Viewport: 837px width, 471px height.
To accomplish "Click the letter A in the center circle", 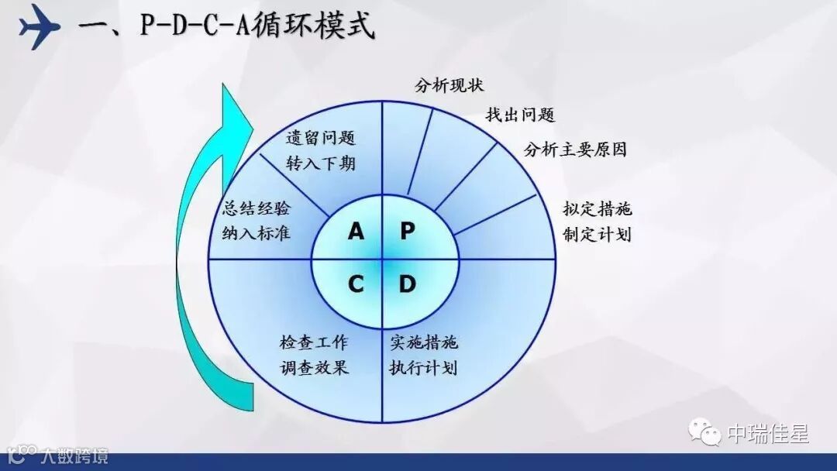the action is [x=356, y=231].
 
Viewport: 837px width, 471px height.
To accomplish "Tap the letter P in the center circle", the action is [x=408, y=231].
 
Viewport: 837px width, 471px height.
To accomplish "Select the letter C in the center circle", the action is [x=356, y=284].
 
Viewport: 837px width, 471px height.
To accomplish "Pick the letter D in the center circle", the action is [x=408, y=284].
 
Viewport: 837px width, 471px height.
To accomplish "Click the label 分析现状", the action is [x=449, y=85].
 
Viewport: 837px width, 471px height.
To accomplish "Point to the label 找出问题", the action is [x=520, y=115].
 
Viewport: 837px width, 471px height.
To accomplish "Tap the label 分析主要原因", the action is [x=575, y=150].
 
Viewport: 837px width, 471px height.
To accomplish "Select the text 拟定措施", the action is [x=598, y=209].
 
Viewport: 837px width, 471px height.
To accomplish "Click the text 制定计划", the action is [x=598, y=234].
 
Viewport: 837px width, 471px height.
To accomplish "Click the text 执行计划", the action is [x=423, y=366].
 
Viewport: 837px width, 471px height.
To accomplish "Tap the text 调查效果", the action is [x=314, y=366].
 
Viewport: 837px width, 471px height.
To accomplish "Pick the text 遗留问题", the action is [x=320, y=139].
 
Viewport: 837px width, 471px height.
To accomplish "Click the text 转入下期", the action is [x=320, y=163].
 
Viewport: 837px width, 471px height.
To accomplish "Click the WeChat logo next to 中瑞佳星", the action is [x=706, y=431].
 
